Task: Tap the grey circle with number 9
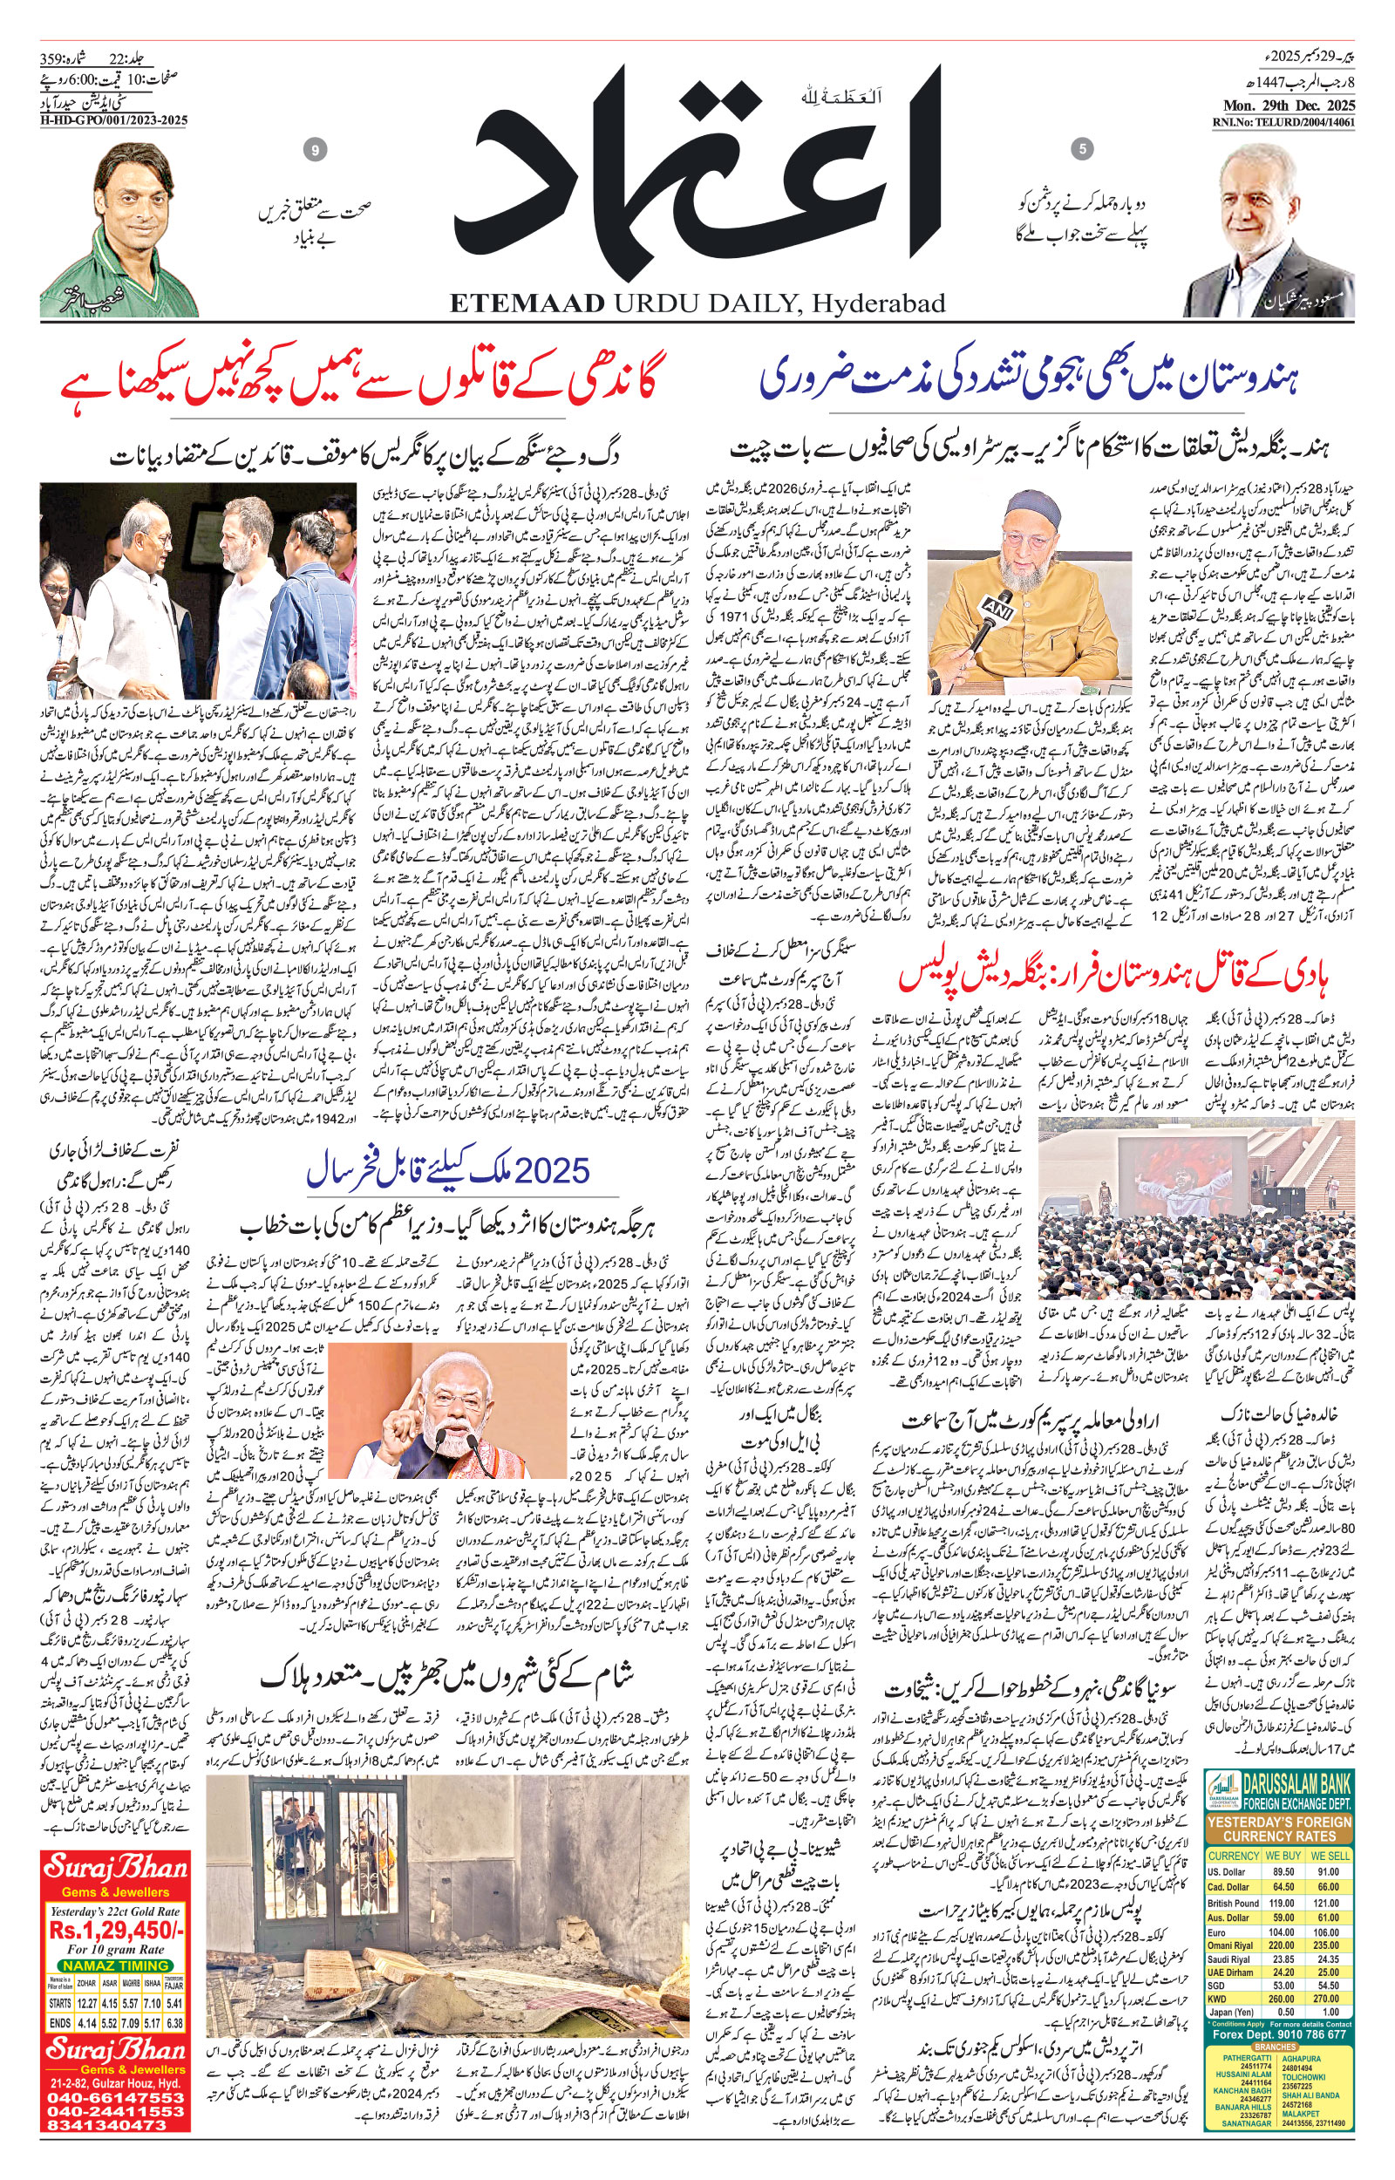(316, 151)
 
